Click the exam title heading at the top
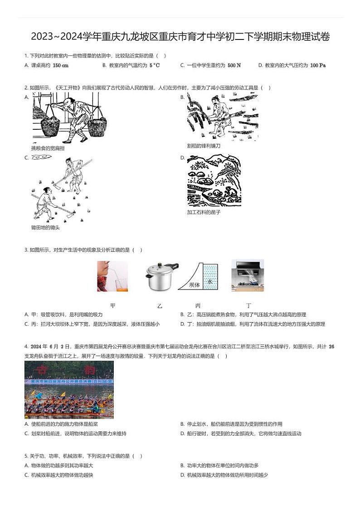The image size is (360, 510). (x=180, y=37)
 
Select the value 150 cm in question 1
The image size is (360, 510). (x=60, y=65)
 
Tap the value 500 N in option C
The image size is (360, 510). (x=234, y=65)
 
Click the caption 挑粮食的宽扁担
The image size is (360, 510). (x=48, y=148)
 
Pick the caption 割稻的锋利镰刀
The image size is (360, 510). (x=204, y=146)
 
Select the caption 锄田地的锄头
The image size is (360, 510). (x=45, y=227)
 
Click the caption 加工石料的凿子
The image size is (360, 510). (x=204, y=212)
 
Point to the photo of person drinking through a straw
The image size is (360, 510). (x=112, y=276)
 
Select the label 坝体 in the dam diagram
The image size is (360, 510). (x=195, y=284)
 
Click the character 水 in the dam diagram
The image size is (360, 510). (x=209, y=281)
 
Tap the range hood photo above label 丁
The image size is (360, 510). (x=248, y=275)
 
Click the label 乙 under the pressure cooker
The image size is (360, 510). (x=160, y=306)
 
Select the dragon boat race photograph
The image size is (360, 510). (x=69, y=390)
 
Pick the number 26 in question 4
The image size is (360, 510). (x=331, y=346)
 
